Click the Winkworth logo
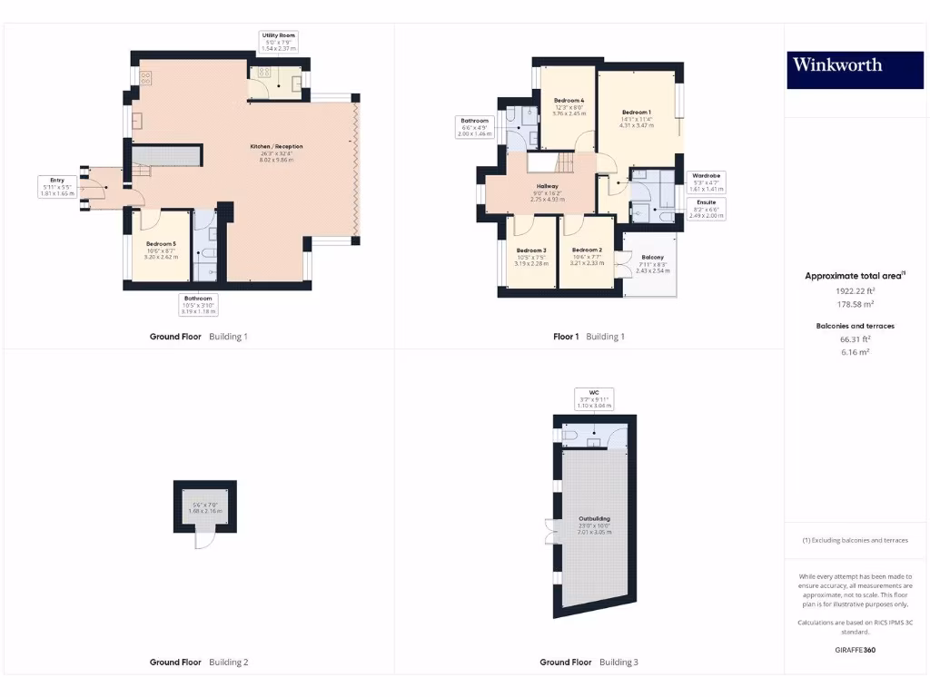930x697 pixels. (x=836, y=64)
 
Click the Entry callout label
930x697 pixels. (x=55, y=187)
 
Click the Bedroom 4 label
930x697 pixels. (x=569, y=107)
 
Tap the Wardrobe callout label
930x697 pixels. (x=706, y=182)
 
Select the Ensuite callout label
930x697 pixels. (x=706, y=209)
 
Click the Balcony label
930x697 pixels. (x=652, y=263)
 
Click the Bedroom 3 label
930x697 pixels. (x=531, y=257)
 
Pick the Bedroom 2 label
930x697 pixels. (x=587, y=256)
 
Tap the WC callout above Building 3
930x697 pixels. (x=595, y=398)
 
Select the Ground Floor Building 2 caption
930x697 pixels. (x=198, y=663)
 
